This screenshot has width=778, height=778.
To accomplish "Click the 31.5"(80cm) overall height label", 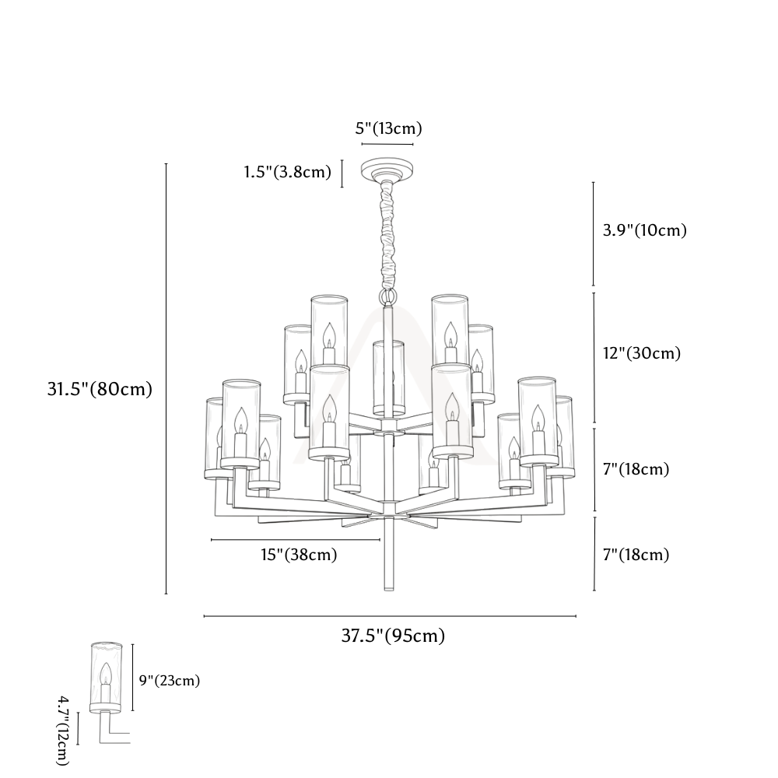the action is pyautogui.click(x=100, y=389).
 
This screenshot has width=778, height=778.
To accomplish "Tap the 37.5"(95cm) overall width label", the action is pyautogui.click(x=393, y=635).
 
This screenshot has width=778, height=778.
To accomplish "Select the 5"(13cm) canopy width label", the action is pyautogui.click(x=388, y=128).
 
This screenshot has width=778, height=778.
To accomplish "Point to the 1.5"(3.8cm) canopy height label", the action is pyautogui.click(x=287, y=172).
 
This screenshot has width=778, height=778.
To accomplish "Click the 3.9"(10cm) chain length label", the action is pyautogui.click(x=644, y=230).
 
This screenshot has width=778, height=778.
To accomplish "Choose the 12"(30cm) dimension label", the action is pyautogui.click(x=642, y=353).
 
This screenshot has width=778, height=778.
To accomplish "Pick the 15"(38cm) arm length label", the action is pyautogui.click(x=300, y=554).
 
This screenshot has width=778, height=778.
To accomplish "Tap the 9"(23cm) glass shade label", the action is pyautogui.click(x=169, y=680).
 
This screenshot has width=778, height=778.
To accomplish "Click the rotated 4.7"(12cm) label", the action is pyautogui.click(x=63, y=730).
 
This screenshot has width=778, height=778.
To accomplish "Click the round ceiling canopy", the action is pyautogui.click(x=388, y=170).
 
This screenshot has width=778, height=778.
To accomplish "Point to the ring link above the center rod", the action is pyautogui.click(x=388, y=298).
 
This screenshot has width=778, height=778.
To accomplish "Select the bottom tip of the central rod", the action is pyautogui.click(x=389, y=590).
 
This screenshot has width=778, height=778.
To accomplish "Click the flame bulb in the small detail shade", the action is pyautogui.click(x=105, y=675).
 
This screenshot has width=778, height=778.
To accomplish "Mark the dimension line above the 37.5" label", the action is pyautogui.click(x=390, y=616).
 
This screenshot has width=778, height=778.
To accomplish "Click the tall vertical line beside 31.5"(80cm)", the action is pyautogui.click(x=166, y=379).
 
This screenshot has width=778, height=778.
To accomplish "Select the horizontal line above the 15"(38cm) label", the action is pyautogui.click(x=296, y=539).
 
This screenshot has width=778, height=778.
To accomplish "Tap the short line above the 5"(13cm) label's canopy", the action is pyautogui.click(x=387, y=145).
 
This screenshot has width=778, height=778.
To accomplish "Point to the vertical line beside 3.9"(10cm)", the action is pyautogui.click(x=594, y=234).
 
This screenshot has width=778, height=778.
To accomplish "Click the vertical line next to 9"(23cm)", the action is pyautogui.click(x=132, y=678).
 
